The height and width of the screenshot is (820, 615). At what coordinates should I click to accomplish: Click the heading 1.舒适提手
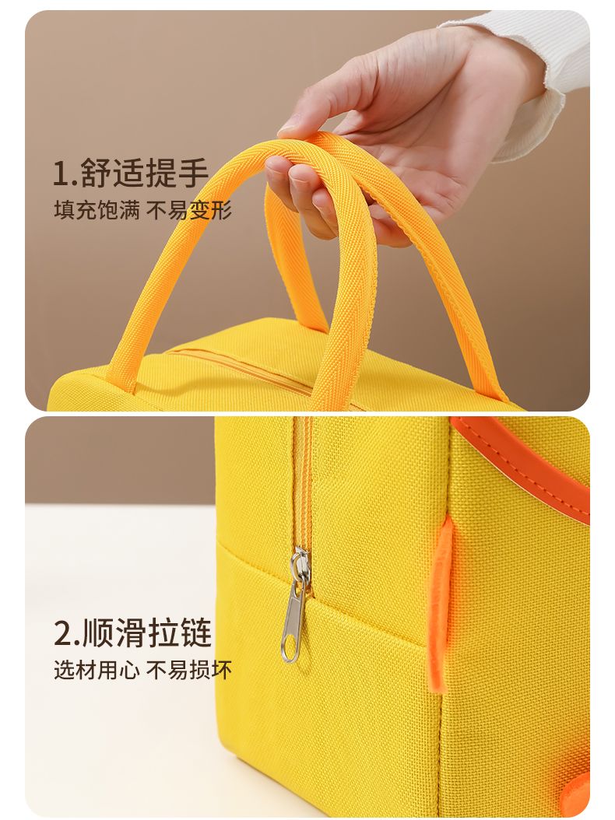coord(131,173)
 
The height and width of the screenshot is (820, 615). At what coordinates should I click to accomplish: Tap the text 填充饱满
coord(97,210)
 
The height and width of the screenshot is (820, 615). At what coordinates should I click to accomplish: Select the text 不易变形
coord(188,210)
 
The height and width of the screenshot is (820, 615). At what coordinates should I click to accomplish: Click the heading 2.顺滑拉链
coord(133,633)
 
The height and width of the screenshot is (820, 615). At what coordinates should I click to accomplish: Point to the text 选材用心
coord(97,670)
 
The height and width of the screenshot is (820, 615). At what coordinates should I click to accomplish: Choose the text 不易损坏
coord(188,670)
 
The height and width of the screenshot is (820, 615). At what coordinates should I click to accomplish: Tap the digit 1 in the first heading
coord(61,173)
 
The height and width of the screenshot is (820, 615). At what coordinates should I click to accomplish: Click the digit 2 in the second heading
coord(63,633)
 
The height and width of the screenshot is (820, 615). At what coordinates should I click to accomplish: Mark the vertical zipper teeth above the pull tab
coord(303,481)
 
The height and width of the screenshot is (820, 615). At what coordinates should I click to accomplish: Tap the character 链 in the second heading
coord(195,633)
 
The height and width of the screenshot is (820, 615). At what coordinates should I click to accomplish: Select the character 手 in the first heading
coord(193,173)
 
